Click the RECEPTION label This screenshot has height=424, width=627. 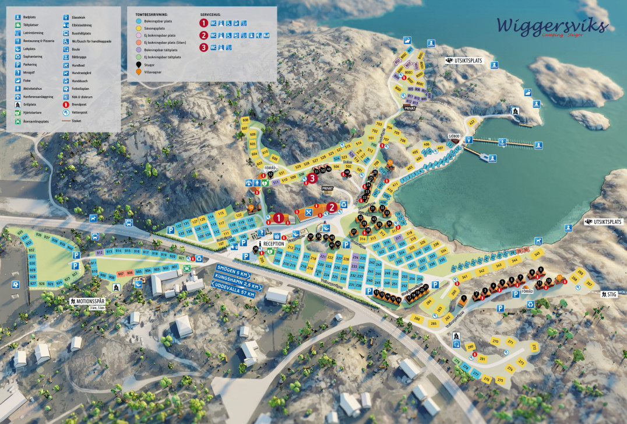coord(273,243)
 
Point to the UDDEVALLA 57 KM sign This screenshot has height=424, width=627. coord(235,293)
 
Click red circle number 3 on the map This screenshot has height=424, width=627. coord(312,177)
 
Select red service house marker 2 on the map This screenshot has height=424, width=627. coord(332,206)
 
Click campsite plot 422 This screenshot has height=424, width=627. coord(471,121)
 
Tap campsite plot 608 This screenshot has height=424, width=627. coord(245,120)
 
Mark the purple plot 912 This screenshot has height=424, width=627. coord(100,252)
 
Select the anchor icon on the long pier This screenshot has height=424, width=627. coord(501,141)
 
